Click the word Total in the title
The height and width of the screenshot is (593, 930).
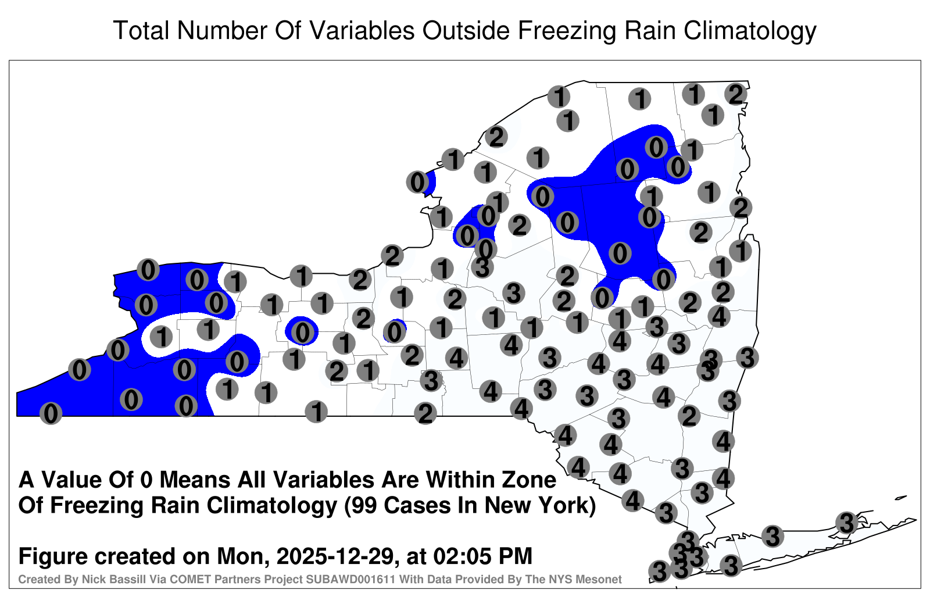[141, 30]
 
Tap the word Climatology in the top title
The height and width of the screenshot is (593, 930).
[750, 31]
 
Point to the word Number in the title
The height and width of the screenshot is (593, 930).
[223, 30]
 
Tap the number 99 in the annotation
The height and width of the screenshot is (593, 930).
[364, 506]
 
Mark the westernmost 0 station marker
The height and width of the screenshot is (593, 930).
[51, 413]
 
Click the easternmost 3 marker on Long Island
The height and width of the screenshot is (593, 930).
[846, 522]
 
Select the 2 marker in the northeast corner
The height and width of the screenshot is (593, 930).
[736, 94]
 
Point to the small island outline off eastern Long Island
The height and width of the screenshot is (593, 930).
[901, 498]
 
